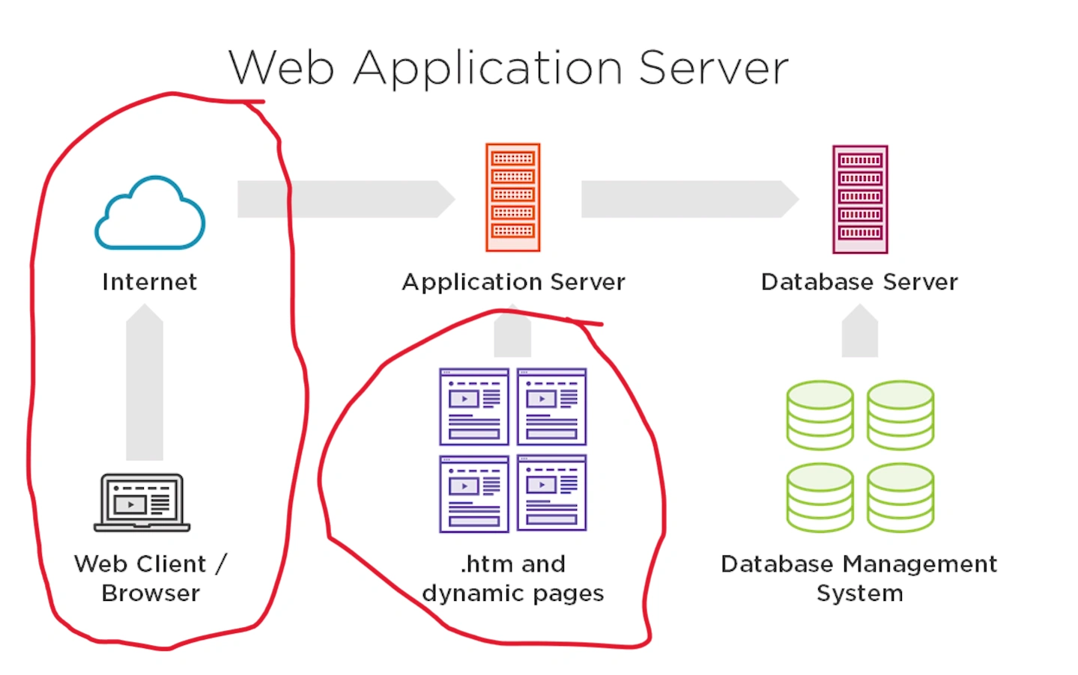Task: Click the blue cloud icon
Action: (150, 214)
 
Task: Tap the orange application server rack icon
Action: (513, 198)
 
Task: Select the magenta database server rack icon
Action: (860, 199)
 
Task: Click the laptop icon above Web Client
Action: (142, 502)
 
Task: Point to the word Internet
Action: (150, 282)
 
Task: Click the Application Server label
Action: (513, 282)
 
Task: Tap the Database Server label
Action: (859, 282)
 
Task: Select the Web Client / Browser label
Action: (150, 578)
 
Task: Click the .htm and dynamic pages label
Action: (513, 578)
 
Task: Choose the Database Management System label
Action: (859, 578)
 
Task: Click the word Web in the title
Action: (282, 68)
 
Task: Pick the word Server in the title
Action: (713, 68)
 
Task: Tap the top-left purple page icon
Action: (474, 407)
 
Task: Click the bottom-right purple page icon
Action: (552, 493)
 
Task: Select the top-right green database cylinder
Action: (900, 415)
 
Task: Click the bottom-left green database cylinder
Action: (820, 498)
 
